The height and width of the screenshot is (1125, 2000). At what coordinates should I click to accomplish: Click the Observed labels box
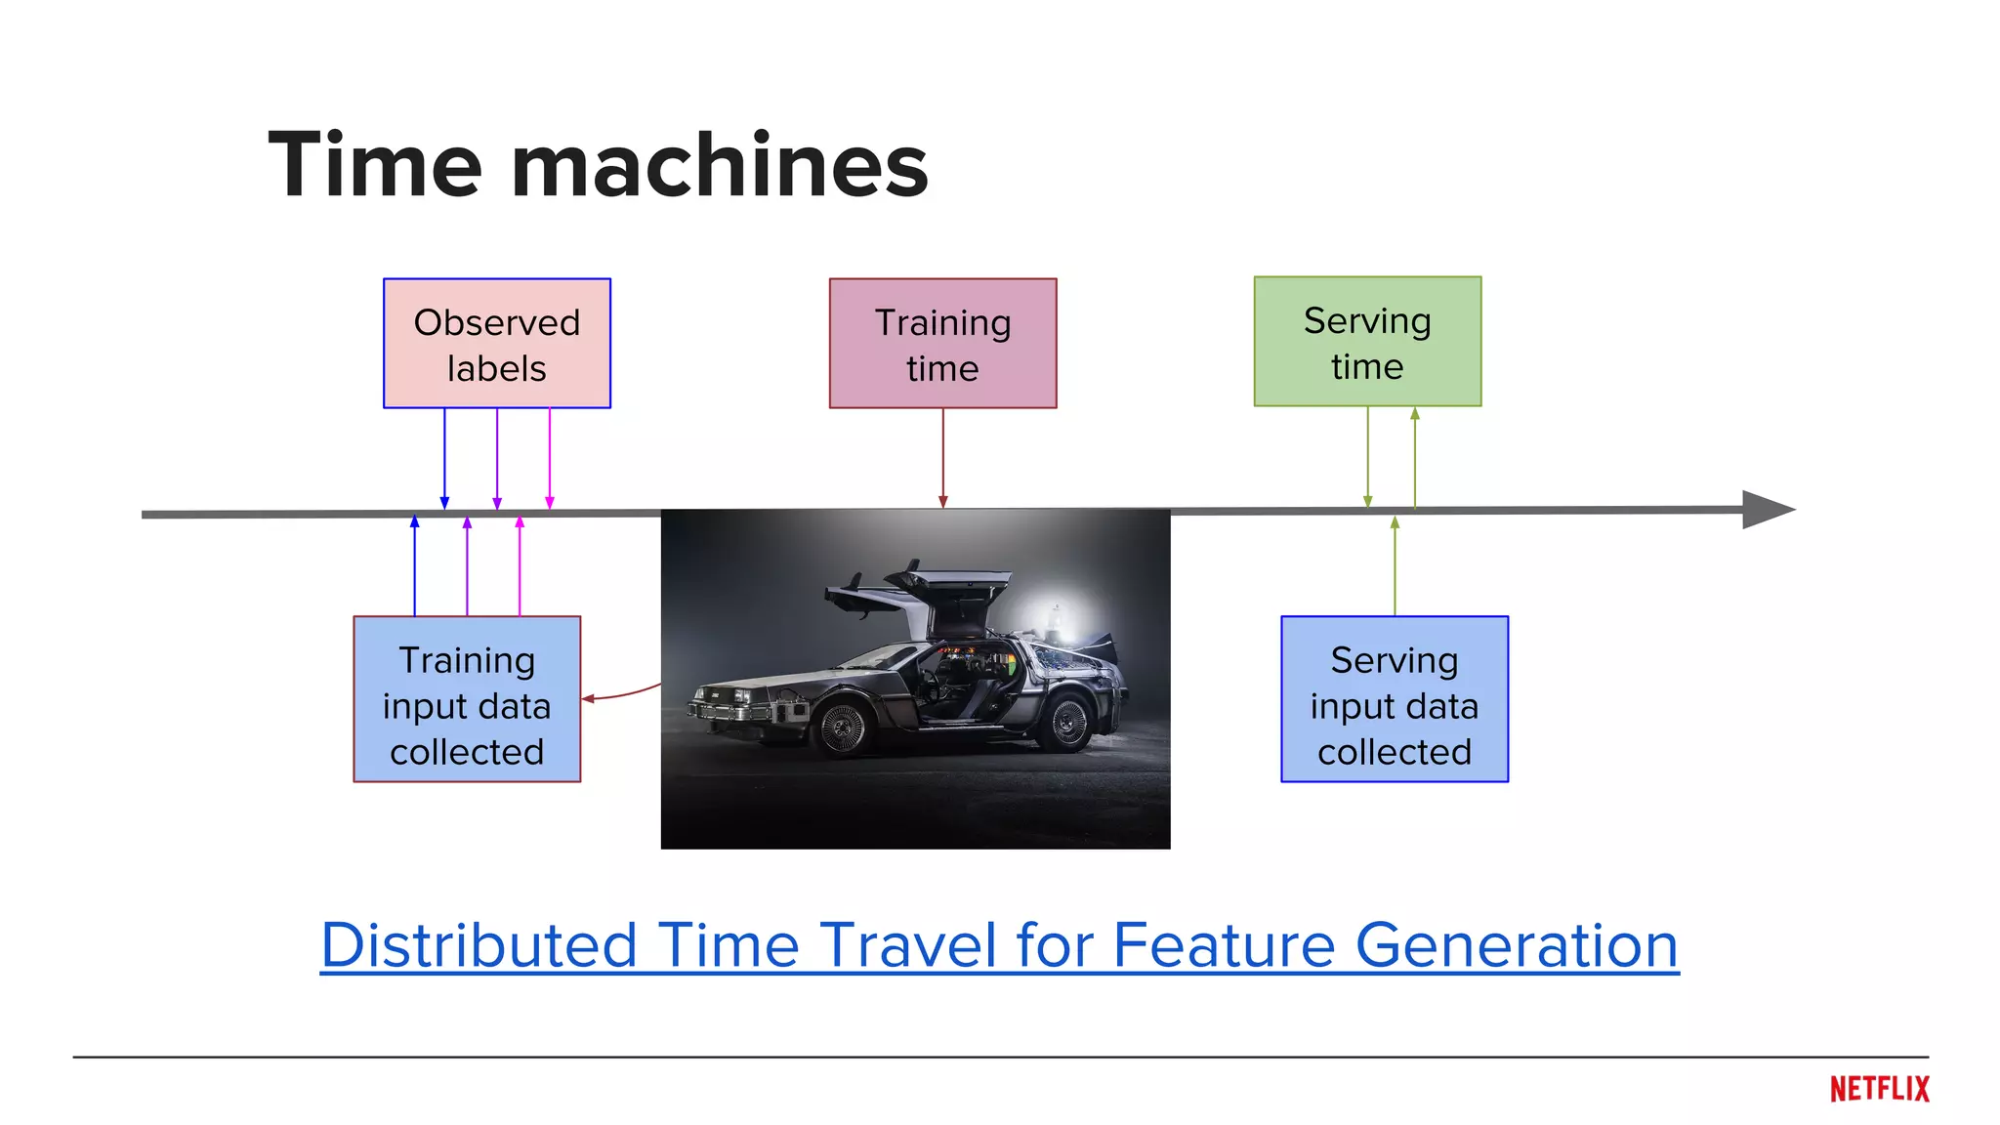click(x=496, y=343)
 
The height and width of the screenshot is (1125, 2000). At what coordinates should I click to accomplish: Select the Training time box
click(x=942, y=343)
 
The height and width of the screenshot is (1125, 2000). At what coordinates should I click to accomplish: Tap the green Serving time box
click(x=1367, y=341)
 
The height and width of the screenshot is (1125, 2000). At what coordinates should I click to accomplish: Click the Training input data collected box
click(x=467, y=698)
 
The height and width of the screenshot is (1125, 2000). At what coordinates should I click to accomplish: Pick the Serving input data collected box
click(x=1394, y=698)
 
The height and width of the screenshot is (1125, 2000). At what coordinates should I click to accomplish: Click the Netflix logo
click(x=1879, y=1089)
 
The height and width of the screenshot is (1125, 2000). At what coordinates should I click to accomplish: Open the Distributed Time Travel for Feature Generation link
click(x=999, y=945)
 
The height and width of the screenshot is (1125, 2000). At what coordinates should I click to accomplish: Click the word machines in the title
click(x=720, y=165)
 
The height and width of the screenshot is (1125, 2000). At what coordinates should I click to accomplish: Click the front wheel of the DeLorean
click(x=842, y=727)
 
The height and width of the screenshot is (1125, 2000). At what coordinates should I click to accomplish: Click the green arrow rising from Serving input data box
click(x=1395, y=566)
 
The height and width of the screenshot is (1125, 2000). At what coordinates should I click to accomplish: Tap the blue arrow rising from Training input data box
click(x=415, y=566)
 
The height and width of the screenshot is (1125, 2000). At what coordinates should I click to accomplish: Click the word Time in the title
click(x=375, y=165)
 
